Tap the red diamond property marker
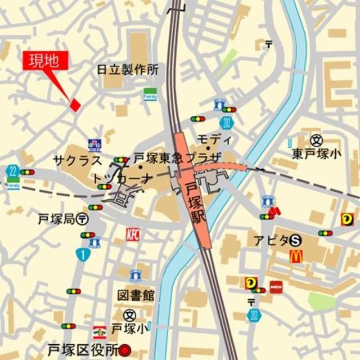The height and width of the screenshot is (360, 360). tap(74, 104)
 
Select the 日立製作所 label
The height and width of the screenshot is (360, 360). tap(128, 70)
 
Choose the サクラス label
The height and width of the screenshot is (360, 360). tap(78, 159)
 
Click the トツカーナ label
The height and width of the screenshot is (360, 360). tap(123, 179)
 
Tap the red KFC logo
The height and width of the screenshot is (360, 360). tap(133, 233)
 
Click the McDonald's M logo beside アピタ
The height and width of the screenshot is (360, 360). tap(296, 256)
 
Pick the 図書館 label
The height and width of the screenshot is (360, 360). tap(136, 295)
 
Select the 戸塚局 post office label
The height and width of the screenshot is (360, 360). tap(57, 218)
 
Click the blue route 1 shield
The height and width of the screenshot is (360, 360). tap(82, 255)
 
